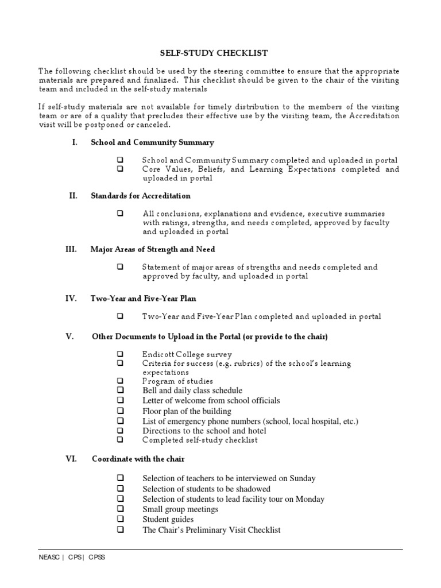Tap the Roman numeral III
[x=71, y=249]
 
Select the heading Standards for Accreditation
[x=141, y=196]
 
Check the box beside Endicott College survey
[x=121, y=354]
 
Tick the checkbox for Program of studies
[x=121, y=381]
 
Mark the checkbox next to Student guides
[x=121, y=519]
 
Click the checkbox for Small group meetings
[x=121, y=509]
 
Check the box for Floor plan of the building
[x=121, y=411]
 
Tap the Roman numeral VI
[x=70, y=459]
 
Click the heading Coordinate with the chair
[x=138, y=459]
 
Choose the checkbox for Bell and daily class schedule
[x=121, y=390]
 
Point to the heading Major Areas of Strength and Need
[x=153, y=249]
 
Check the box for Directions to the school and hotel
[x=121, y=430]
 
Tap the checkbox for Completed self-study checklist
[x=121, y=440]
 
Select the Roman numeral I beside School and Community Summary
[x=75, y=142]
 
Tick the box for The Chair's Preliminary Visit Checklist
[x=121, y=529]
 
